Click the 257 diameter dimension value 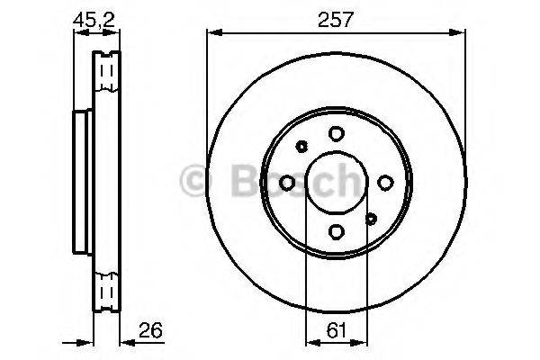pyautogui.click(x=336, y=19)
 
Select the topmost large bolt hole pyautogui.click(x=336, y=134)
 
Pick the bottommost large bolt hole pyautogui.click(x=336, y=231)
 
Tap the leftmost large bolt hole pyautogui.click(x=287, y=183)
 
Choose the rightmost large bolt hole pyautogui.click(x=384, y=183)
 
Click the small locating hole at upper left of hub pyautogui.click(x=302, y=148)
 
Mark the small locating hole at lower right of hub pyautogui.click(x=370, y=217)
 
